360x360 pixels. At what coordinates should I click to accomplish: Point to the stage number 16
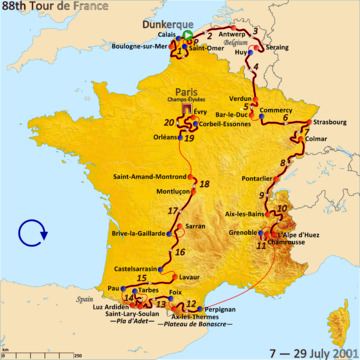point(180,250)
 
